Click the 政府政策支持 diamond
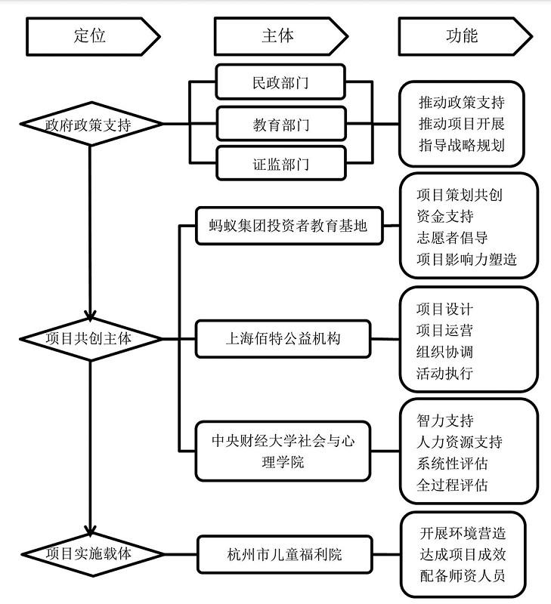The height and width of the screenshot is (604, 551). coord(89,124)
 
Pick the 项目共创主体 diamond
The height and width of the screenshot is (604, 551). coord(89,338)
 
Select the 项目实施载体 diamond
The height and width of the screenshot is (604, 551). coord(89,553)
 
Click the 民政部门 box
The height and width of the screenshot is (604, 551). coord(281,83)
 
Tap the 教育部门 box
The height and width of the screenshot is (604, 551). coord(281,124)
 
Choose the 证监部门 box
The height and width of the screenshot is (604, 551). coord(281,164)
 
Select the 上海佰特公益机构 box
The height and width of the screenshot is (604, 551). coord(283,338)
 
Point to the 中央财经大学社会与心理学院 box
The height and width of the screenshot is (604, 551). coord(283,451)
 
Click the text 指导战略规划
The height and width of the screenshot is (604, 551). coord(461,145)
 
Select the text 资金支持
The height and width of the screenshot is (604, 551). coord(445,217)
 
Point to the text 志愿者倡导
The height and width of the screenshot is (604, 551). coord(452,238)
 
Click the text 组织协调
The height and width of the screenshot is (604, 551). coord(445,352)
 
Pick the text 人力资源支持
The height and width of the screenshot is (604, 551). coord(459,442)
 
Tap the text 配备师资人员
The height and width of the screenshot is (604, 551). coord(461,576)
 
